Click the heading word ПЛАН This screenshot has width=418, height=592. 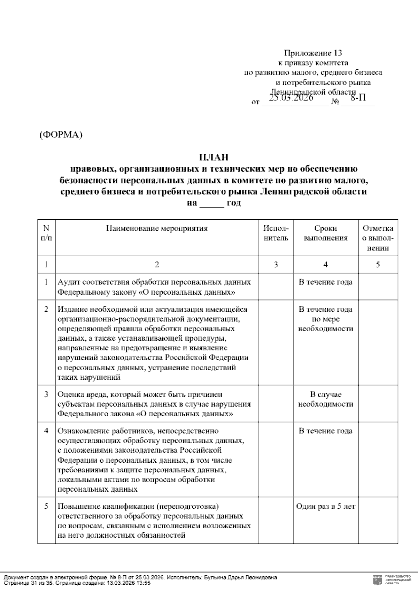click(214, 158)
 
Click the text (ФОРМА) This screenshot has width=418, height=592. click(61, 135)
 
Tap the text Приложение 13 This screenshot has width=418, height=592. click(313, 53)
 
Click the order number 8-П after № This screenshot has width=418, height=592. click(358, 98)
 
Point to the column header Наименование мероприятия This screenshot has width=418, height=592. click(157, 229)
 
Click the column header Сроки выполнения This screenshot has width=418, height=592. click(325, 233)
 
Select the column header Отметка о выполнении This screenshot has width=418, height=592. click(378, 238)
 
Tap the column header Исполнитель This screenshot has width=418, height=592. click(276, 233)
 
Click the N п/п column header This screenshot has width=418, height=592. click(46, 233)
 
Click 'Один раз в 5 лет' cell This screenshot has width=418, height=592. click(325, 507)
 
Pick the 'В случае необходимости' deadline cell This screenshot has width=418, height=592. click(325, 399)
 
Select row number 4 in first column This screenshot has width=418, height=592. click(46, 431)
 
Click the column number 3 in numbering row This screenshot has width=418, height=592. click(276, 265)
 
